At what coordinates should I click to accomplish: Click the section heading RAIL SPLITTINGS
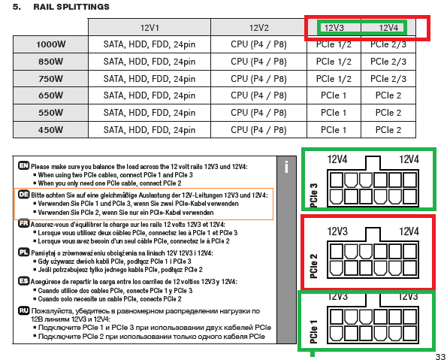(71, 7)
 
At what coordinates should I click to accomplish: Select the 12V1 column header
(150, 28)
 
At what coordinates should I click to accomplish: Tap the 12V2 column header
(259, 28)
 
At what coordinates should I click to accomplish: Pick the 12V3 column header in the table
(334, 28)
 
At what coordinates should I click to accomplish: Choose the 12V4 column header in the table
(388, 28)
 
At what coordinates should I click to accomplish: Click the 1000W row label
(51, 44)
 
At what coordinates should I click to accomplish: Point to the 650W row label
(51, 95)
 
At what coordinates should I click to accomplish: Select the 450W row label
(51, 130)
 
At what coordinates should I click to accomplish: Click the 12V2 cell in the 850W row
(258, 62)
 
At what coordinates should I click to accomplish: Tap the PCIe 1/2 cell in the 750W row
(334, 79)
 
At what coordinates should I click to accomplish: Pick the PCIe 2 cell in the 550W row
(388, 113)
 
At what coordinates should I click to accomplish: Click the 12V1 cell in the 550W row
(150, 113)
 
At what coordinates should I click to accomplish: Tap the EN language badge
(23, 165)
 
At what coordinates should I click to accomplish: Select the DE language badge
(23, 195)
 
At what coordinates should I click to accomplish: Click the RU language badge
(23, 310)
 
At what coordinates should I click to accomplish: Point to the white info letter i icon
(286, 167)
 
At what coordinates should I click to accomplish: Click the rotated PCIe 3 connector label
(313, 195)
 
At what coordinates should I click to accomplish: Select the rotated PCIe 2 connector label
(313, 266)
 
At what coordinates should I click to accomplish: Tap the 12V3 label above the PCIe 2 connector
(337, 231)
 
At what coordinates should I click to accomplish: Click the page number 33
(441, 356)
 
